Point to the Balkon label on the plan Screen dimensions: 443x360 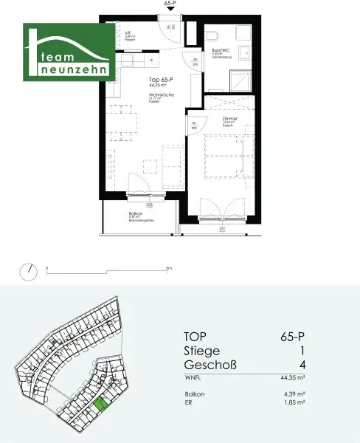click(135, 214)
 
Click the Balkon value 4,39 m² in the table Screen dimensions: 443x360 click(294, 395)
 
